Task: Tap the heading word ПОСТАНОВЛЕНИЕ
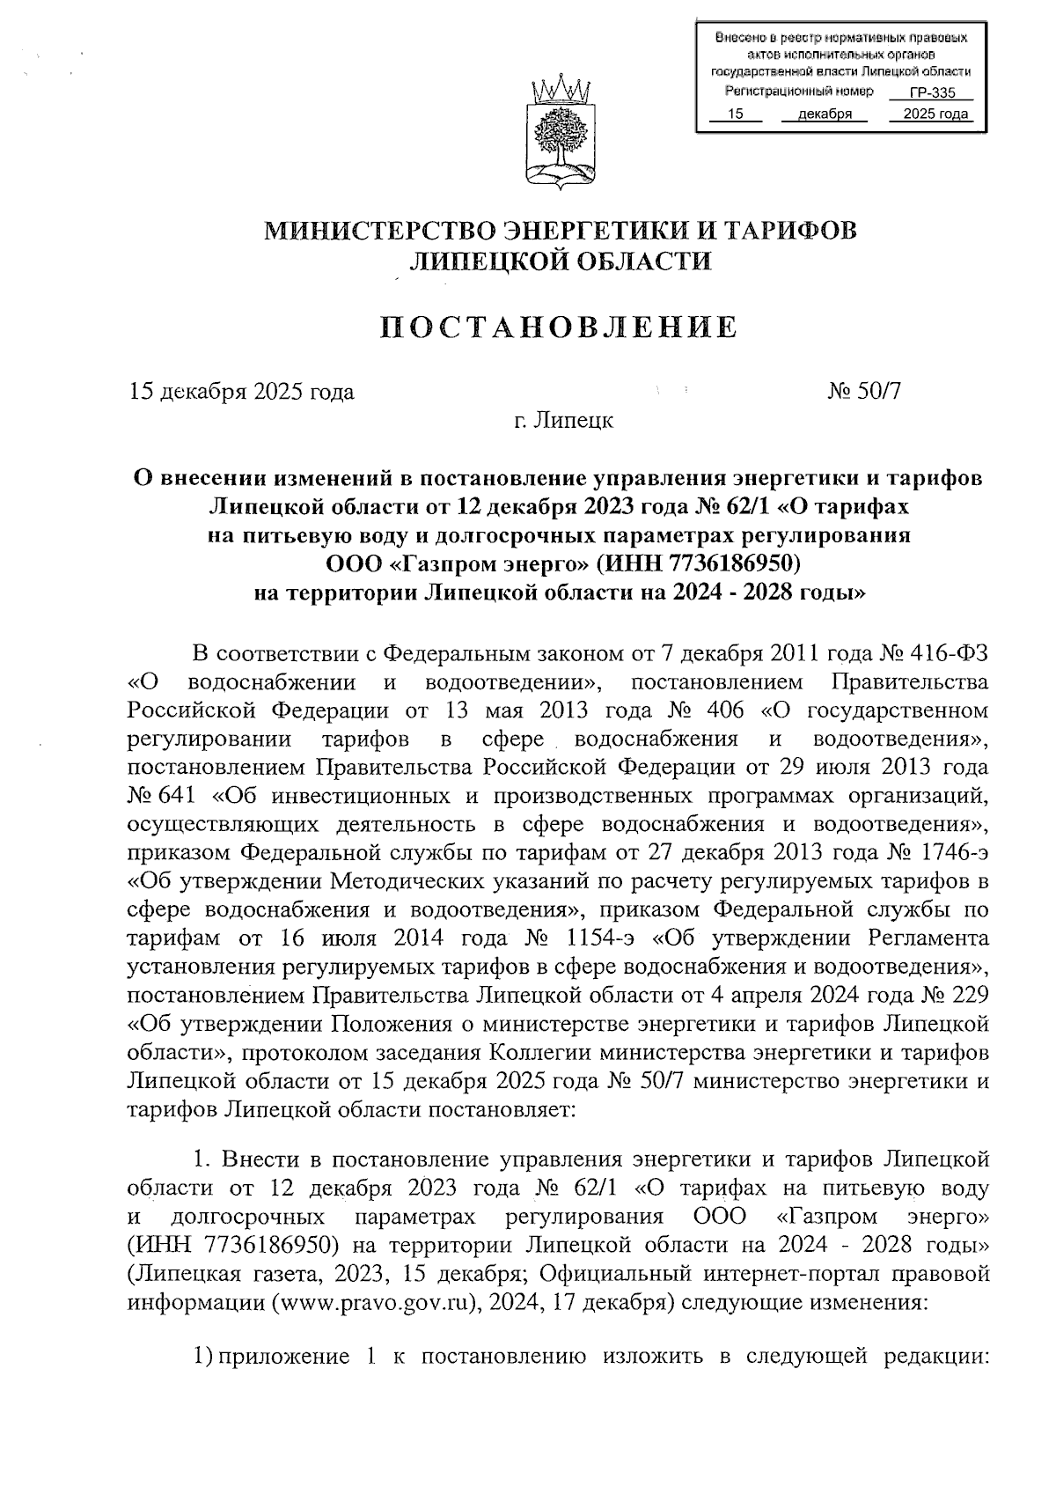559,328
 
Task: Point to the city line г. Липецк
563,421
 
